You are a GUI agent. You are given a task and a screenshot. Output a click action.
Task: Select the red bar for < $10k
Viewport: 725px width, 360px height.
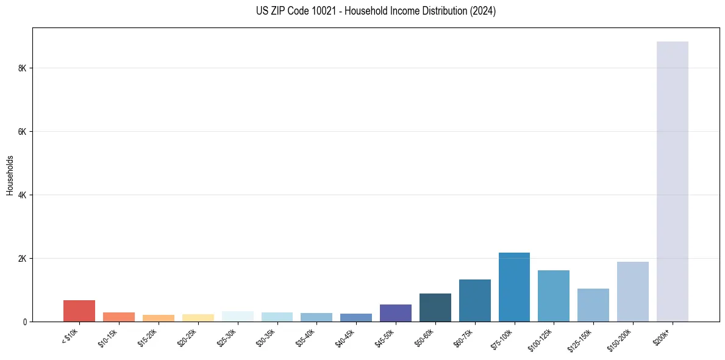[79, 311]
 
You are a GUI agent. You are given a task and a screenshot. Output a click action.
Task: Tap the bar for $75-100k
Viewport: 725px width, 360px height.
[514, 287]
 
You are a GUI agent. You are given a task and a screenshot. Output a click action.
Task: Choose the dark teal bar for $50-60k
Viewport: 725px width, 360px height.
[435, 308]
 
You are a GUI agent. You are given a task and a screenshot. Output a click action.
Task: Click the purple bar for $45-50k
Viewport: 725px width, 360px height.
[396, 313]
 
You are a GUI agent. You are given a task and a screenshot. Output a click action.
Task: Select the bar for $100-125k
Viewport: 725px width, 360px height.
[554, 296]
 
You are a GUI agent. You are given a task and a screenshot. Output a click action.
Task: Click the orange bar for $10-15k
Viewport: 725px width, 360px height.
[119, 317]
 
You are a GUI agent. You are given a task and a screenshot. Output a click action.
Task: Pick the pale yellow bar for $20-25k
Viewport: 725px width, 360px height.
[198, 318]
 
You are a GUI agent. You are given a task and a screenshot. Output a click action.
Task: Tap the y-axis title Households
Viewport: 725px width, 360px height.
[10, 175]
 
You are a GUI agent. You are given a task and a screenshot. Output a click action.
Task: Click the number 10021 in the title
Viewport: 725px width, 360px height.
[324, 11]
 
